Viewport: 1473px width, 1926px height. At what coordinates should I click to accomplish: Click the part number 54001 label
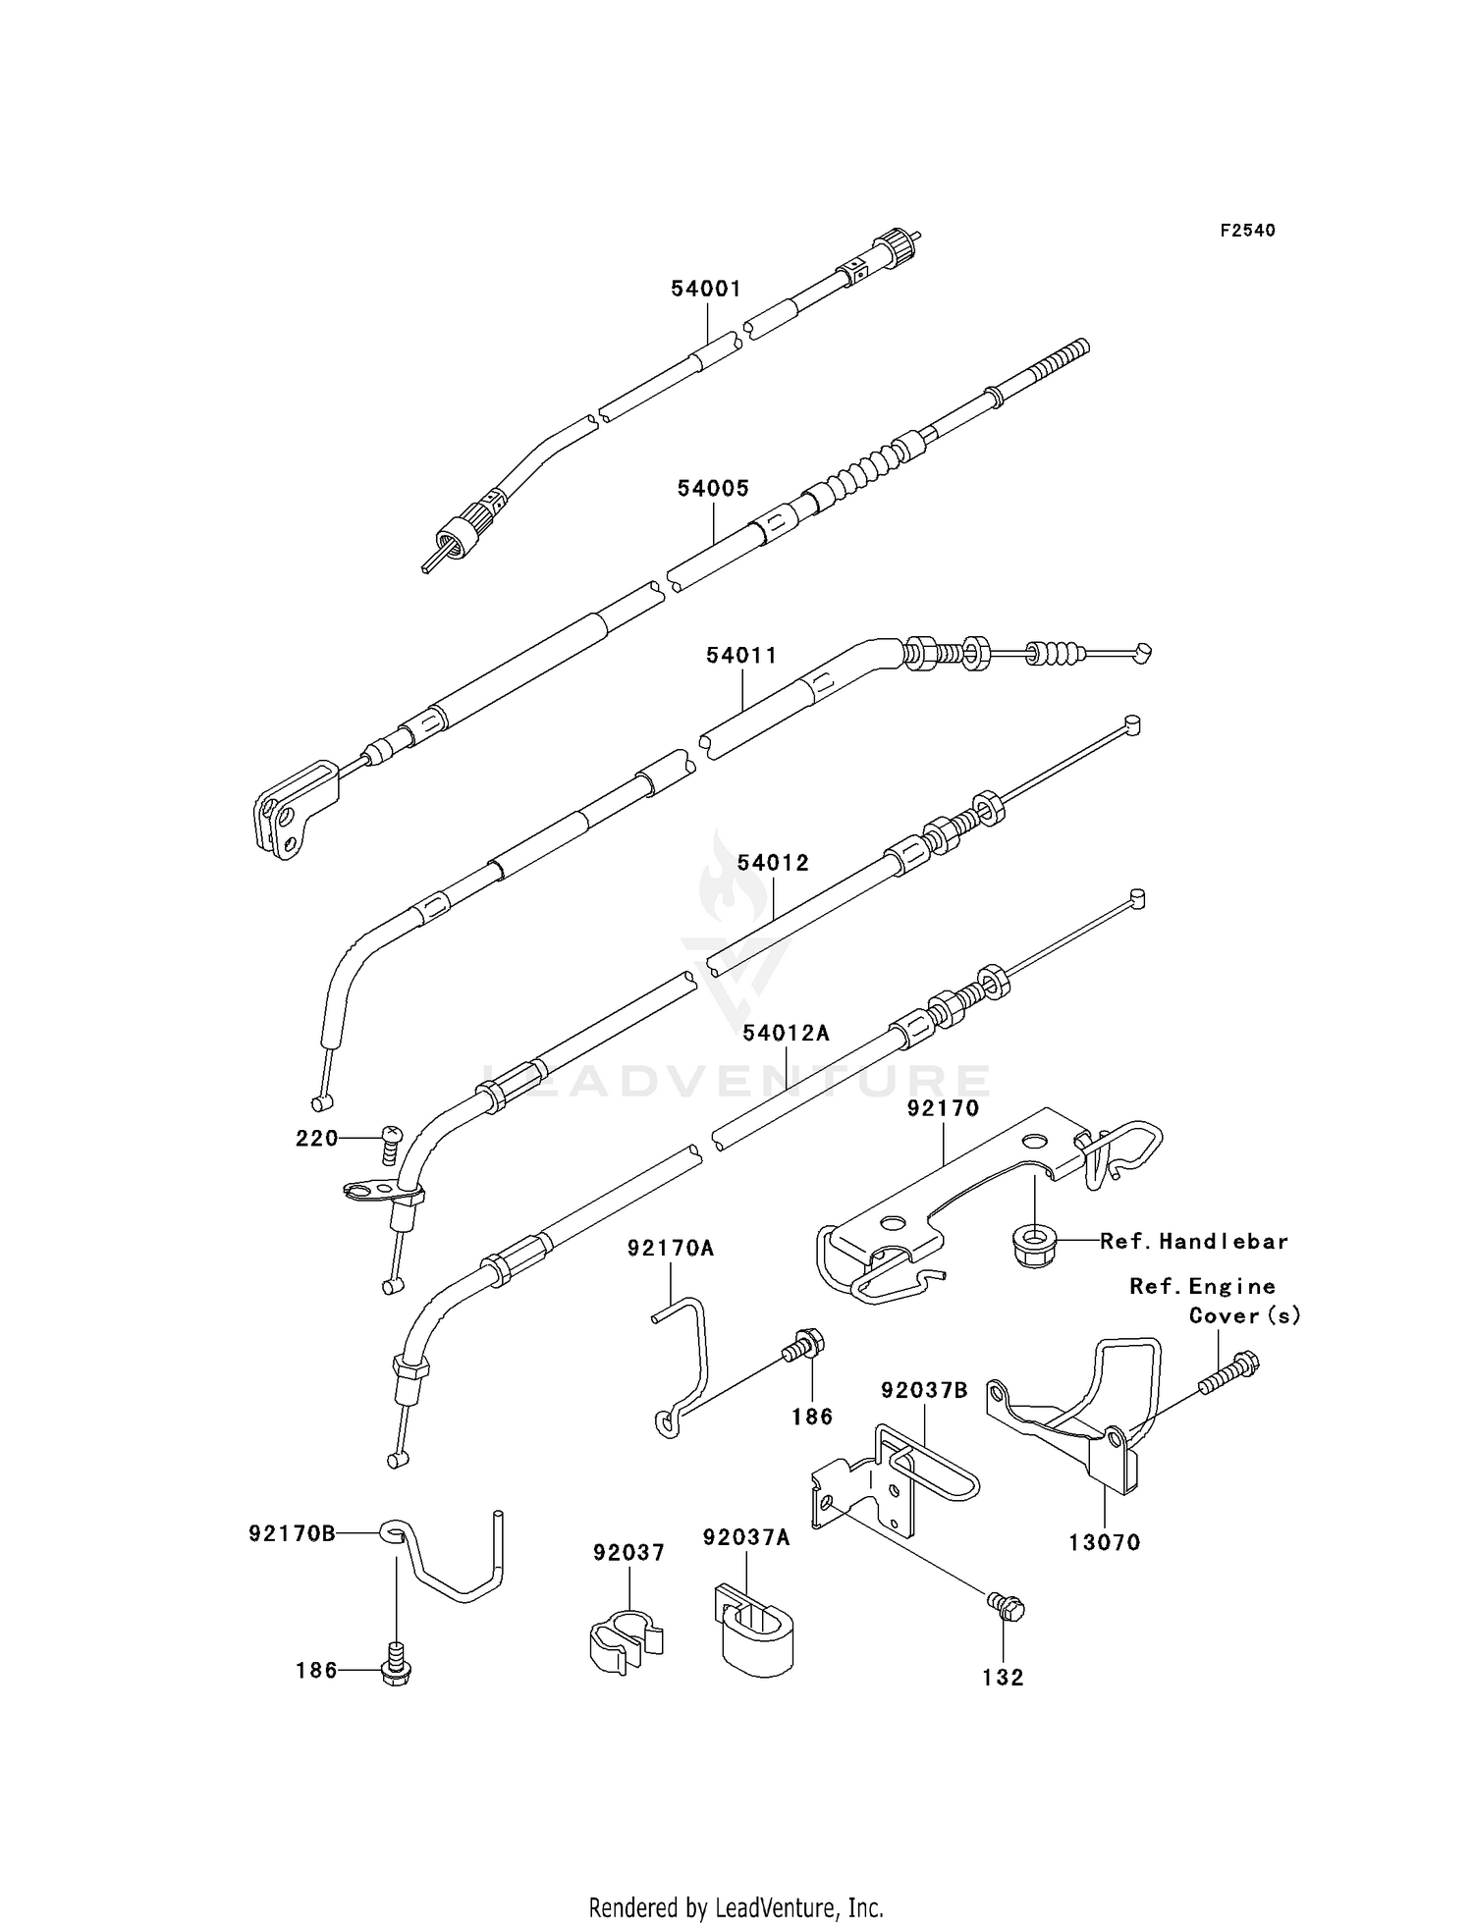705,289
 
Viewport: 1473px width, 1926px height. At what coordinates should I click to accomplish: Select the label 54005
713,488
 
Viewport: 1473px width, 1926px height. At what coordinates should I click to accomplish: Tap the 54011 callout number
741,655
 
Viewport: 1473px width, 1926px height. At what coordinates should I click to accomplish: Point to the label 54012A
786,1033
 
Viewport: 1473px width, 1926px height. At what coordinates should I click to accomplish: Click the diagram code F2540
1247,231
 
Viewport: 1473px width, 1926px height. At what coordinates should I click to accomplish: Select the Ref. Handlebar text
1193,1242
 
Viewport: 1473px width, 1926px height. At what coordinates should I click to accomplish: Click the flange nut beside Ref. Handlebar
1031,1246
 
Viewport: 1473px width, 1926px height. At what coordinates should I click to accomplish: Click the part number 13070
1105,1543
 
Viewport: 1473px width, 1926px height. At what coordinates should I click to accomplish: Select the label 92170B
292,1532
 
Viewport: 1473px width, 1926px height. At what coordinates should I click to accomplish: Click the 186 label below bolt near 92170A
812,1417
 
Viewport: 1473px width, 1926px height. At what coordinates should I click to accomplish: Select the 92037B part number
924,1390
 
